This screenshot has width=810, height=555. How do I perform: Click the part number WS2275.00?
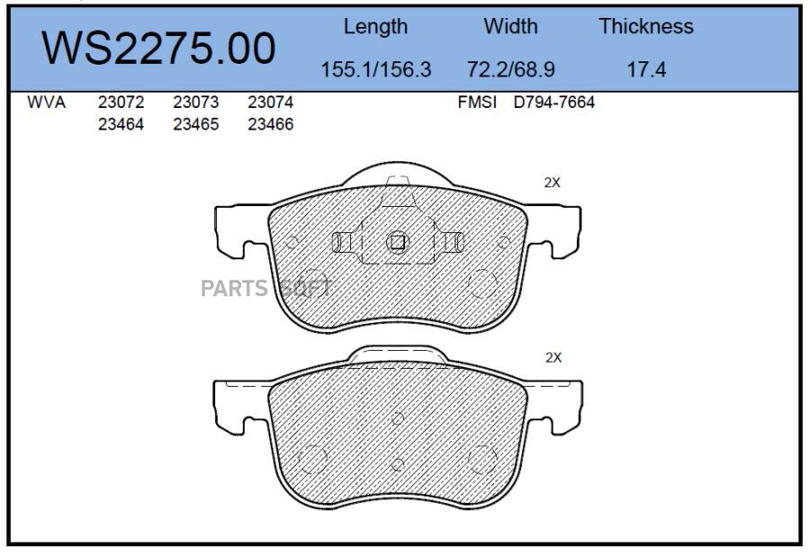point(158,49)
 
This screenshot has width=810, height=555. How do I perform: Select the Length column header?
point(375,27)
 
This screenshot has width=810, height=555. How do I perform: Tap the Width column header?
point(510,26)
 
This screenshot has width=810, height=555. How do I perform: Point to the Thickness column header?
point(645,26)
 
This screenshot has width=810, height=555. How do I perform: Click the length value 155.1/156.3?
point(376,69)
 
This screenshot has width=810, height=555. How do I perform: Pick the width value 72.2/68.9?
point(510,69)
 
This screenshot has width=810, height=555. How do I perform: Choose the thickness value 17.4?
point(646,69)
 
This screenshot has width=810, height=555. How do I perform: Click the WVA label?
point(47,103)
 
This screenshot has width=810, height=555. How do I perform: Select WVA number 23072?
point(121,103)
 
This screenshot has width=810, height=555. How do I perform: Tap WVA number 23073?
point(196,103)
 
